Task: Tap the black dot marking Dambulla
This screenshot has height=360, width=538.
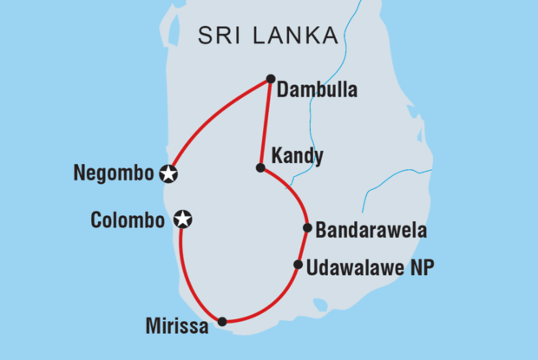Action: (271, 78)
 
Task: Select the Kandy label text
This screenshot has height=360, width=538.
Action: (298, 157)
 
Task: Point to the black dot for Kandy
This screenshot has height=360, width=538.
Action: (260, 167)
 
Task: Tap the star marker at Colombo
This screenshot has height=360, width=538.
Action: (182, 219)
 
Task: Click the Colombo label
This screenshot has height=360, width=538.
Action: (128, 220)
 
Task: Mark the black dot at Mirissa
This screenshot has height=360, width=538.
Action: (222, 322)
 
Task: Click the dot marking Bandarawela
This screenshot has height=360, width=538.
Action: (307, 228)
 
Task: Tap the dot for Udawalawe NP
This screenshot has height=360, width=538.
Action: (298, 265)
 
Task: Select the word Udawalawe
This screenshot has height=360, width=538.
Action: (358, 266)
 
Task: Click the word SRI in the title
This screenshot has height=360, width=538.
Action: (220, 36)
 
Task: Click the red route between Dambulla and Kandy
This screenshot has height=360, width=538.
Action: (266, 121)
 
